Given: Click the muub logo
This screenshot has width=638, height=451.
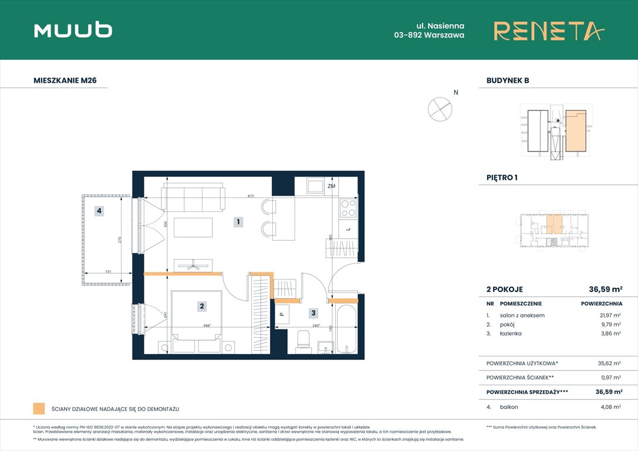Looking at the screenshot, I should [x=73, y=30].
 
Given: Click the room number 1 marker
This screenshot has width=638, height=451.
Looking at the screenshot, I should [x=238, y=222].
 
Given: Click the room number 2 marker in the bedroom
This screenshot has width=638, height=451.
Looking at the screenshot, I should [x=201, y=305].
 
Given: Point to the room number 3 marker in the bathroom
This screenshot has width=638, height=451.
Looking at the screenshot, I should [x=313, y=314].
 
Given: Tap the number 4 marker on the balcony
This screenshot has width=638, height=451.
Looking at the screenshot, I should [x=100, y=211].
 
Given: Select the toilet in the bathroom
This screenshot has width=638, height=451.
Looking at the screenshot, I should [x=303, y=340].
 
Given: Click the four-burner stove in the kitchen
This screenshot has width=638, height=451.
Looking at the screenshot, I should [x=347, y=208].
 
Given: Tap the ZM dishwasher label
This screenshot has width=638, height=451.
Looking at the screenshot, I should [x=332, y=186].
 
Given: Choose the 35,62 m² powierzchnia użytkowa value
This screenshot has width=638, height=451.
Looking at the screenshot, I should [x=609, y=364].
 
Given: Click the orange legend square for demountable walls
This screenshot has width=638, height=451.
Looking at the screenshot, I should [x=39, y=409].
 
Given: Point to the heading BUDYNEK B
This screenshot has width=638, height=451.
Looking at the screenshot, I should [x=508, y=81].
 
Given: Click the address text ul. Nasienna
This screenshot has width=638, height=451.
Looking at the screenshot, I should [x=441, y=26].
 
